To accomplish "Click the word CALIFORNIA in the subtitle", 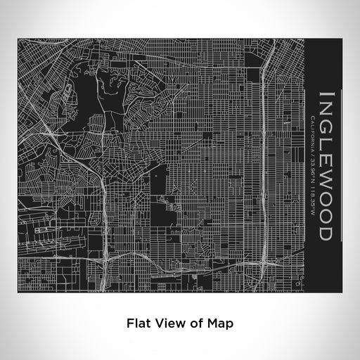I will (312, 131).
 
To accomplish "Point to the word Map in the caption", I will (221, 323).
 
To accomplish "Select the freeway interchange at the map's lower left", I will (106, 257).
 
